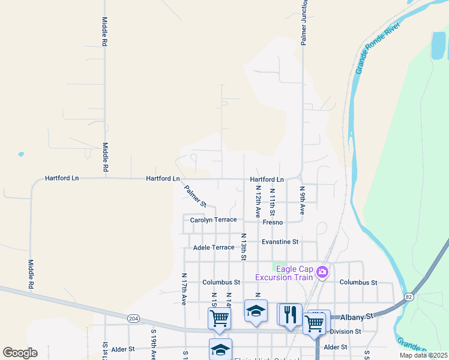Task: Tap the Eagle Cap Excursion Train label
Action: (284, 273)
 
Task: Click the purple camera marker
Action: (322, 272)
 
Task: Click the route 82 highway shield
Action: (409, 296)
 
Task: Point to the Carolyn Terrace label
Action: (213, 220)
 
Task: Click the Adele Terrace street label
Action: (214, 247)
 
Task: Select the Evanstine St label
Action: (280, 242)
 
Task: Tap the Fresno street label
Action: (273, 222)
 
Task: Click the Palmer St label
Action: (195, 196)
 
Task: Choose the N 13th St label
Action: (244, 247)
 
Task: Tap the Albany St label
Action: (361, 315)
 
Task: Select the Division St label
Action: (345, 331)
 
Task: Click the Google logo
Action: (20, 353)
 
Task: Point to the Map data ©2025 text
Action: (423, 355)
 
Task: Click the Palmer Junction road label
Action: (304, 24)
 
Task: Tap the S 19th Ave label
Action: (154, 345)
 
